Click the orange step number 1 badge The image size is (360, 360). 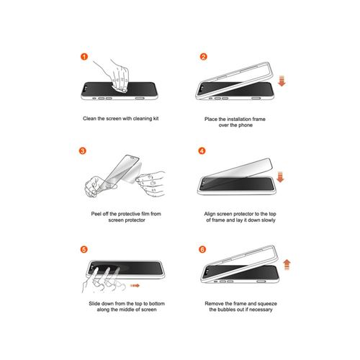pyautogui.click(x=84, y=57)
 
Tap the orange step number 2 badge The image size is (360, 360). pyautogui.click(x=203, y=57)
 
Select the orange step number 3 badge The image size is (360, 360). pyautogui.click(x=83, y=151)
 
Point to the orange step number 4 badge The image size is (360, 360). pyautogui.click(x=202, y=151)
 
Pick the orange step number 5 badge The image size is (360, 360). pyautogui.click(x=84, y=249)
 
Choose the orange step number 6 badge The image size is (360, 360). pyautogui.click(x=202, y=249)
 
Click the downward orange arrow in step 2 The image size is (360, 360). pyautogui.click(x=282, y=81)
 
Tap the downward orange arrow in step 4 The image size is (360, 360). pyautogui.click(x=280, y=177)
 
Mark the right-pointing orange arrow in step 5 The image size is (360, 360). pyautogui.click(x=135, y=286)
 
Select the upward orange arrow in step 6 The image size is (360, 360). pyautogui.click(x=287, y=265)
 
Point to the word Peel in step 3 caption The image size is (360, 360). pyautogui.click(x=96, y=214)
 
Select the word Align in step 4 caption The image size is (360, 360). pyautogui.click(x=210, y=214)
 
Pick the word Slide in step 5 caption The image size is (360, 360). pyautogui.click(x=94, y=304)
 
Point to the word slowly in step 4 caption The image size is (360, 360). pyautogui.click(x=268, y=220)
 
